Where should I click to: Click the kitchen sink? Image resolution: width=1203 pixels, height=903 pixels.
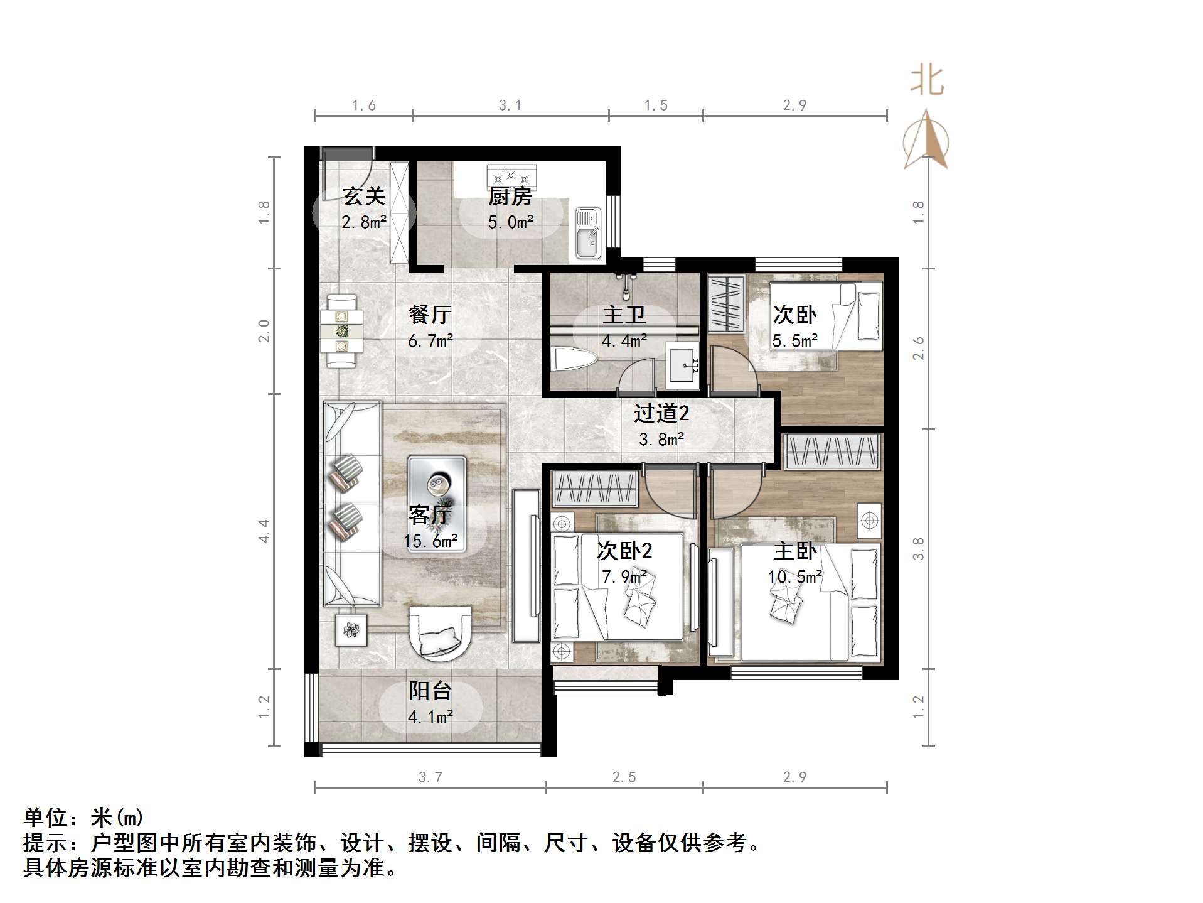coord(588,233)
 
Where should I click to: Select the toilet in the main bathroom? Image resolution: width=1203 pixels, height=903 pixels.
coord(574,360)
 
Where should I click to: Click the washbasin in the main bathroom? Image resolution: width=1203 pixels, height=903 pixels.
coord(683,363)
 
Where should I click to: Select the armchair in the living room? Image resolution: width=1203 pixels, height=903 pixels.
coord(440,633)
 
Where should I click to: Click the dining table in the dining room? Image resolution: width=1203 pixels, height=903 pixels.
coord(341,330)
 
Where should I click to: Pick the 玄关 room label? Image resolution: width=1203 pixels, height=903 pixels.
coord(364,197)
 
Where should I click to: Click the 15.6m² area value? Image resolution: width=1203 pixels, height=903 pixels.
coord(430,541)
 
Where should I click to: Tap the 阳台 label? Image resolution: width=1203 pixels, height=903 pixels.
coord(430,691)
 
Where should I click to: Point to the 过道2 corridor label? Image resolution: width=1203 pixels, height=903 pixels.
coord(661,413)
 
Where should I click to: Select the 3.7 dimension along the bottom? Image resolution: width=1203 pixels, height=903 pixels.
coord(430,777)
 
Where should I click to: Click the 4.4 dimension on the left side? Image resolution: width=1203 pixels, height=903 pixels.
coord(264,531)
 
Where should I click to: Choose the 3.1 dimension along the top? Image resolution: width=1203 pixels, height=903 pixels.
coord(510,105)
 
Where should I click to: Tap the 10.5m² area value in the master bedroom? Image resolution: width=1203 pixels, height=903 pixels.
coord(795,576)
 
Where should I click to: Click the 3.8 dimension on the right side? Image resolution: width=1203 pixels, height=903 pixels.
coord(918,548)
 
